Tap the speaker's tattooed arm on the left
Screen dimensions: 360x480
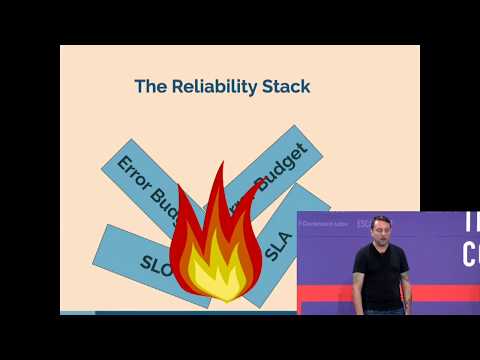tap(358, 290)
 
